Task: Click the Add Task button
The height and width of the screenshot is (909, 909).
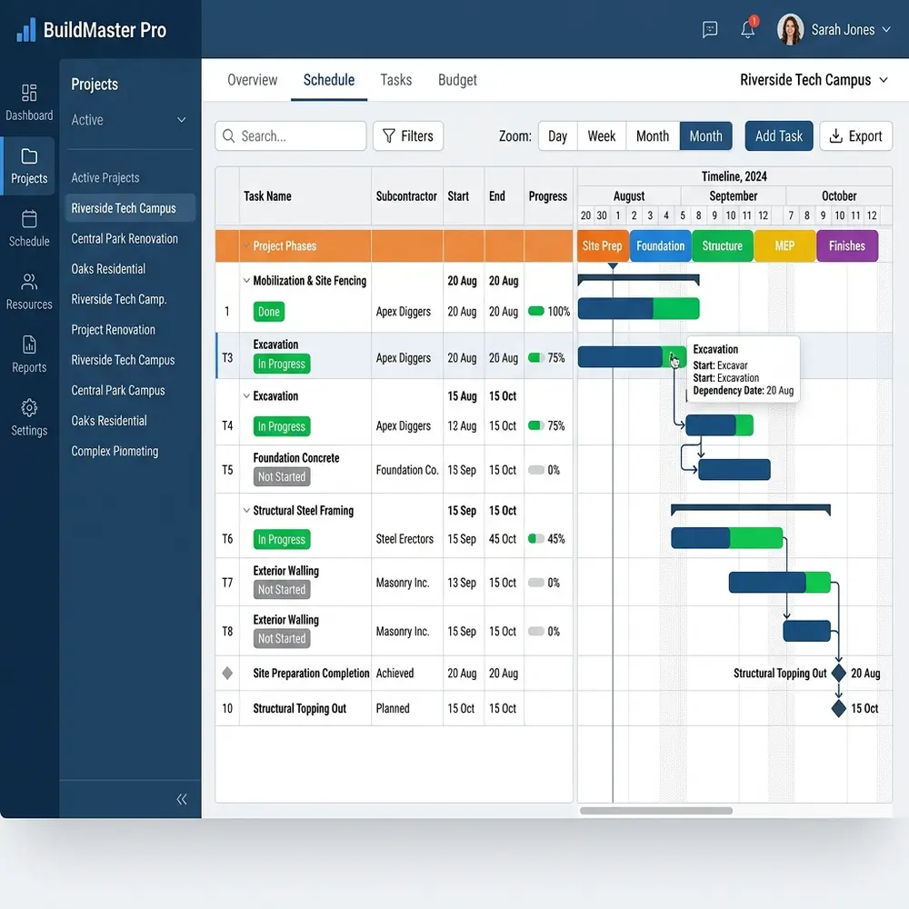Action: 779,136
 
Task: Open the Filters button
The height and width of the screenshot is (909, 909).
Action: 408,136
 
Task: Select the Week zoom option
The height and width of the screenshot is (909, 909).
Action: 601,136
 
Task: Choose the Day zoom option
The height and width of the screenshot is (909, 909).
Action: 558,136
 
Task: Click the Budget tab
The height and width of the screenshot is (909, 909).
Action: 457,80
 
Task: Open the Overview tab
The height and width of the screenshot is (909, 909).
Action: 252,80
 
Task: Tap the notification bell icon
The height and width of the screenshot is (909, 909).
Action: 748,29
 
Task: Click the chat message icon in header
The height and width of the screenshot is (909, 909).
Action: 710,29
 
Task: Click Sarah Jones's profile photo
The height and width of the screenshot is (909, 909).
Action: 790,29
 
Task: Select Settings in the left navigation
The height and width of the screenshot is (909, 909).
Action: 29,417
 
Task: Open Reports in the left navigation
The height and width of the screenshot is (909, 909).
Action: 29,355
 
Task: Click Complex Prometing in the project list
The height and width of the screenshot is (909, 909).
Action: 115,451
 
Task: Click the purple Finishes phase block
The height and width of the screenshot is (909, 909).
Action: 847,245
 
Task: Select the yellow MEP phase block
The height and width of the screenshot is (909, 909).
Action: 784,245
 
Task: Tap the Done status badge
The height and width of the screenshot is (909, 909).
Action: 269,312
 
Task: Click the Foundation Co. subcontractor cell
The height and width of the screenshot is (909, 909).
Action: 407,470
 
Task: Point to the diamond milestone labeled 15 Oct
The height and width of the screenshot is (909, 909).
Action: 838,708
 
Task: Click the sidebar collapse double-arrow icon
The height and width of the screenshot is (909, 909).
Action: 182,799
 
